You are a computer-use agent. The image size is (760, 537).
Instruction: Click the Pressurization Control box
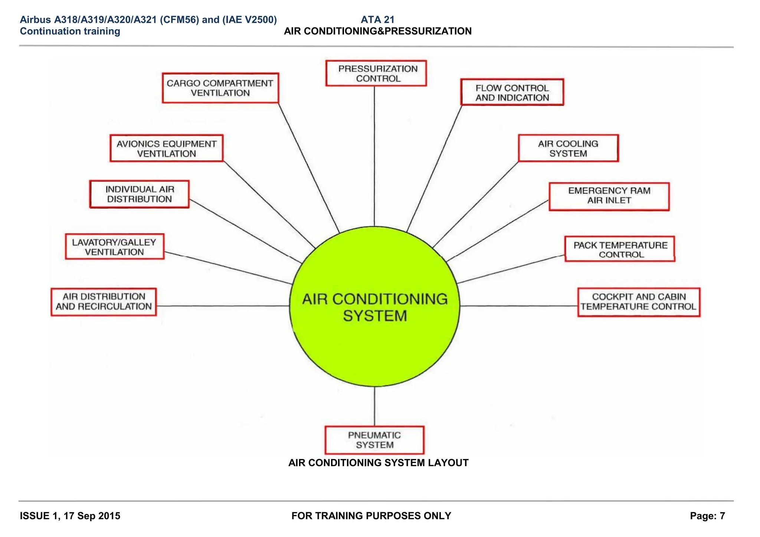pos(376,73)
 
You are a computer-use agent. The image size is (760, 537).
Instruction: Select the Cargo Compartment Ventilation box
pos(220,88)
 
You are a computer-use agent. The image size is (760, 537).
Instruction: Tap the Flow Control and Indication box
pos(512,92)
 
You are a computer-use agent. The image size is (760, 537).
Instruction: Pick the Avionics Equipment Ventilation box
pos(167,148)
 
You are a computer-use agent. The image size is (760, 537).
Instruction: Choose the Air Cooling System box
pos(568,148)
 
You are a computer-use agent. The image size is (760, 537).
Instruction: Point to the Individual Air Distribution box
pos(140,194)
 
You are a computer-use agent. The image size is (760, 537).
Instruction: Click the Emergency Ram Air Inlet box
pos(609,196)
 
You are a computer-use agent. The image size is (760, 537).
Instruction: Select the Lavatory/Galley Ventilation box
pos(114,247)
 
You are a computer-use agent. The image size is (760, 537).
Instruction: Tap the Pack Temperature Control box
pos(620,249)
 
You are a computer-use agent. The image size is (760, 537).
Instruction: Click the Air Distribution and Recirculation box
pos(104,302)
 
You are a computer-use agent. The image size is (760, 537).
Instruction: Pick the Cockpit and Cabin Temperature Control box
pos(639,302)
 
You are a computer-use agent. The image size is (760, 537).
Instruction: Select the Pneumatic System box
pos(374,440)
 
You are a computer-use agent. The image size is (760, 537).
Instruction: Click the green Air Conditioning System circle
pos(374,334)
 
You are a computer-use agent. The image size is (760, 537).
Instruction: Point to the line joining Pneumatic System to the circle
pos(374,406)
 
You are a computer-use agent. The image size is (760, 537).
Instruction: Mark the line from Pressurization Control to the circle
pos(374,156)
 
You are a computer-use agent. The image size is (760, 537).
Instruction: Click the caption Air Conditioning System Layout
pos(378,463)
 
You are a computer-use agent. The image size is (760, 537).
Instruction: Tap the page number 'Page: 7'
pos(707,516)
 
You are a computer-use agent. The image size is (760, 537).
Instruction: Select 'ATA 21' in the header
pos(377,20)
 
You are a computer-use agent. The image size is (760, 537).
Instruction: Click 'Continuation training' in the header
pos(70,31)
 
